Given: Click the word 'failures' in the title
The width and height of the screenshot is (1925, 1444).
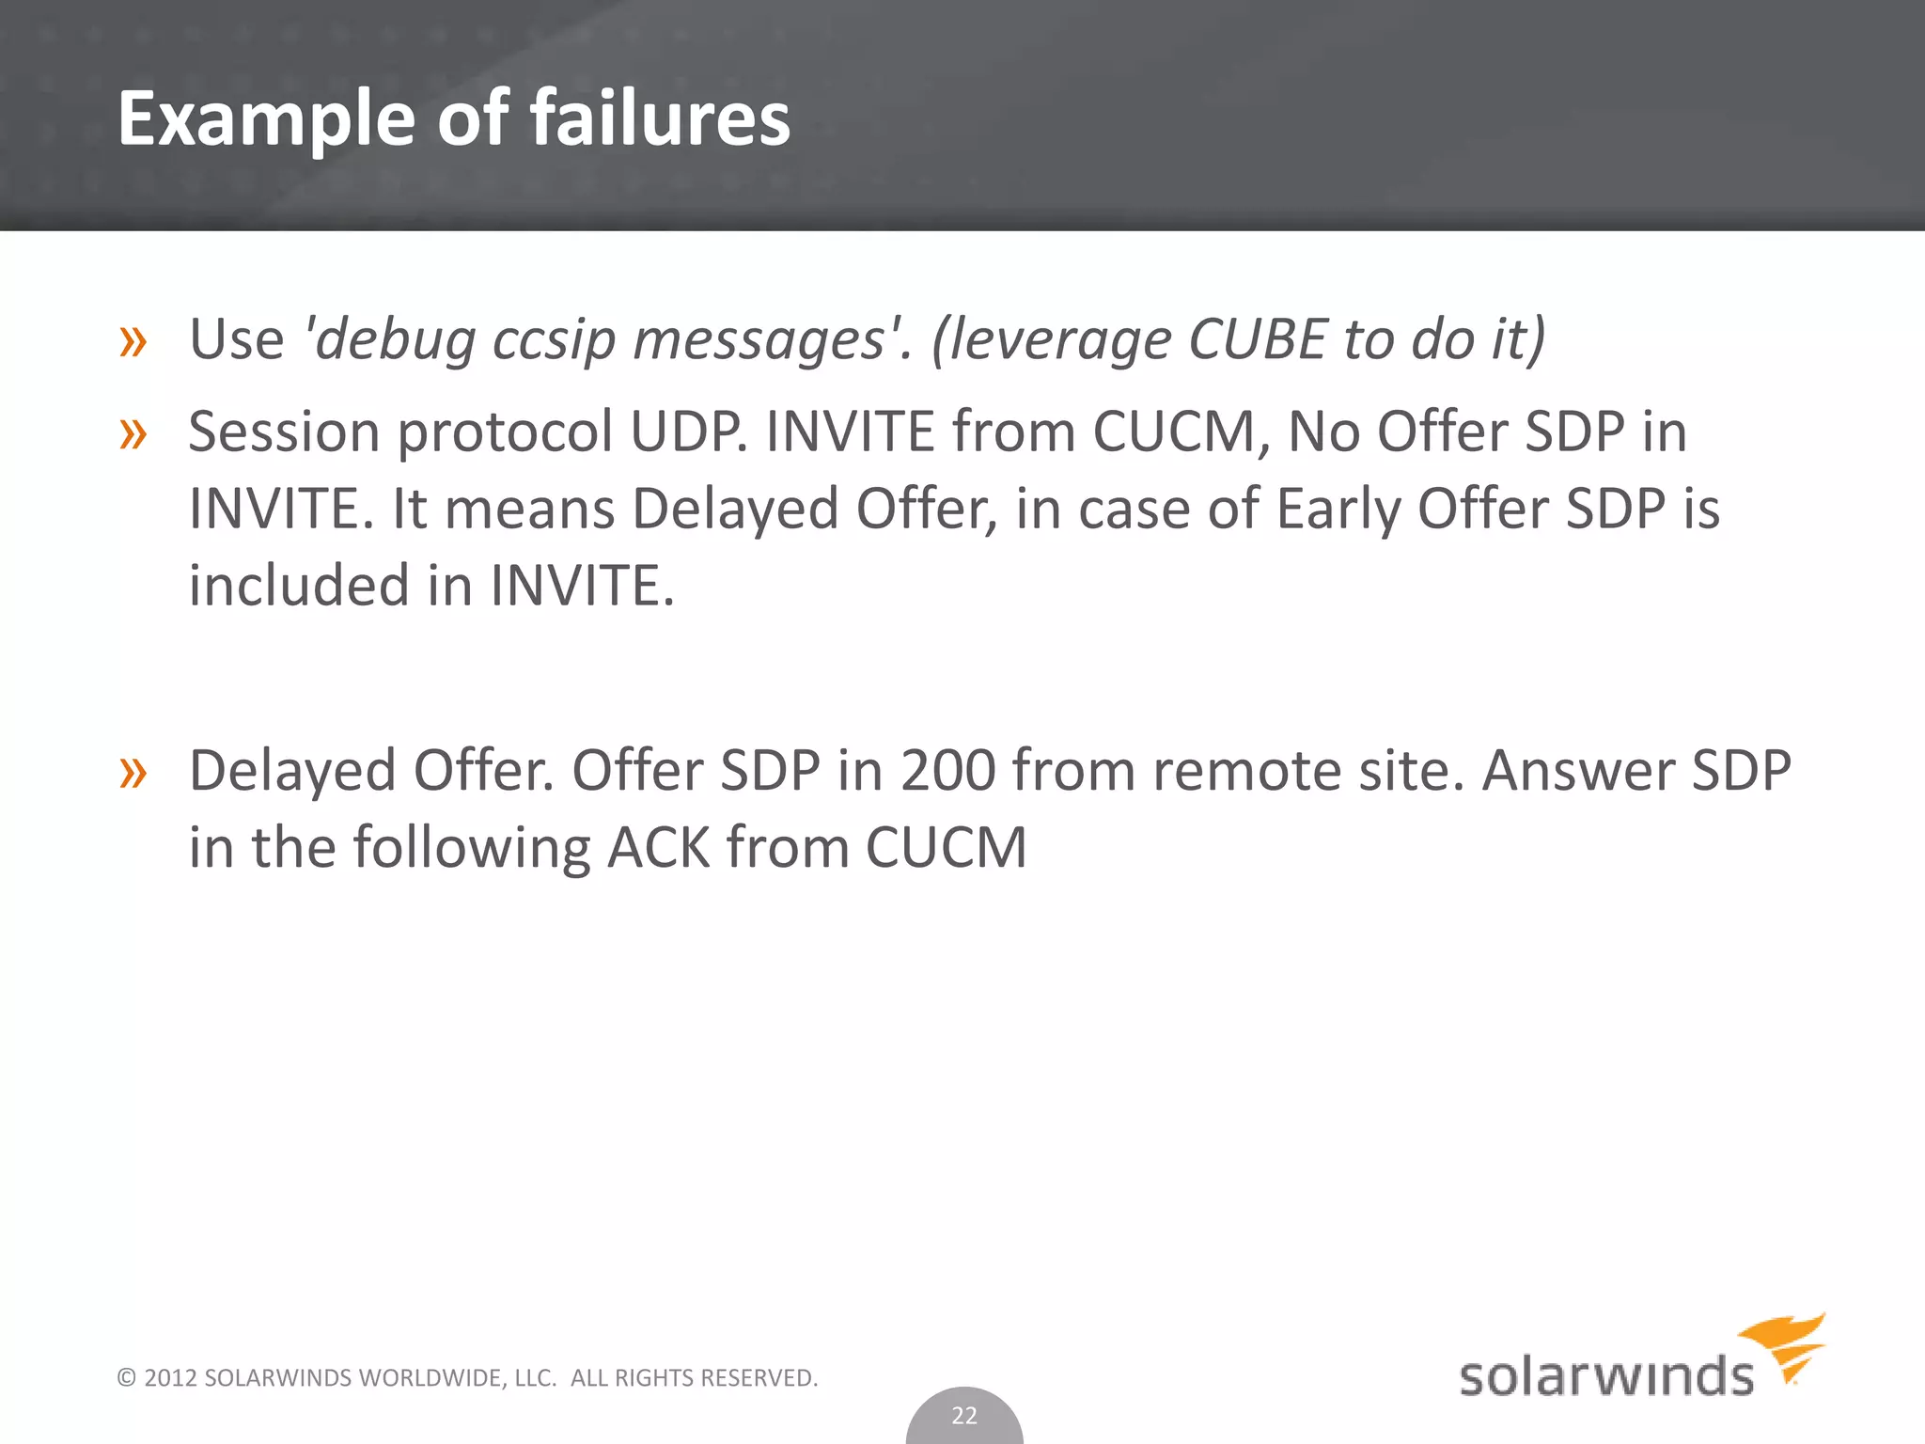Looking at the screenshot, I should click(x=660, y=118).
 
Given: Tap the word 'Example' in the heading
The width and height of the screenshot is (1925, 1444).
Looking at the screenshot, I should click(x=267, y=120).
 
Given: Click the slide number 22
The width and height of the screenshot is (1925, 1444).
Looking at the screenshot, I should click(x=964, y=1415).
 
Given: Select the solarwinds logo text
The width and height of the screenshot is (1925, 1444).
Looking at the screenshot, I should click(x=1605, y=1376).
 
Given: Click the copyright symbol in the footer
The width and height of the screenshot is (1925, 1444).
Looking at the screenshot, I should click(x=126, y=1378).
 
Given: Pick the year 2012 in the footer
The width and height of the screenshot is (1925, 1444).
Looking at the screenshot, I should click(x=170, y=1378).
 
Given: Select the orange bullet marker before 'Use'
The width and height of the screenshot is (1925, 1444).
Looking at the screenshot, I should click(x=133, y=342).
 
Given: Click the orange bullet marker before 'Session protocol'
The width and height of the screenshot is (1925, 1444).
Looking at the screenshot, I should click(x=133, y=434).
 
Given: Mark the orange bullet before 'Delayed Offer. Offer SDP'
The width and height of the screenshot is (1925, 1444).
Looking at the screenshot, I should click(x=133, y=773).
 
